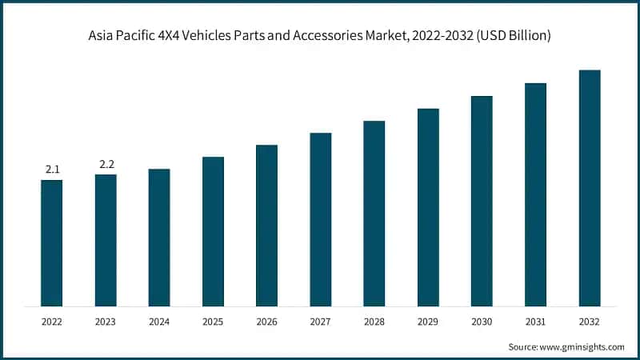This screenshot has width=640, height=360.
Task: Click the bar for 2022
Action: click(x=52, y=242)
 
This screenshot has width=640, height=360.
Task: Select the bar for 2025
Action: click(x=213, y=231)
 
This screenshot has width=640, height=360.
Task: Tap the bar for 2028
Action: click(x=374, y=213)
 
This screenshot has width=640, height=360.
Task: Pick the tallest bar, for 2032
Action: click(x=589, y=188)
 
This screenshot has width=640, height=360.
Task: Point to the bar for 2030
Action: click(x=482, y=201)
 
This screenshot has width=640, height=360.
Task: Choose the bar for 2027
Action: click(x=321, y=219)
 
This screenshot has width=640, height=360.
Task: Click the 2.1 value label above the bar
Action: click(x=52, y=170)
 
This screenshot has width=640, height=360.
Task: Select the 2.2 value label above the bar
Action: click(x=106, y=165)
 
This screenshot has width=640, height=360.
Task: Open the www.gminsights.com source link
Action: click(x=582, y=346)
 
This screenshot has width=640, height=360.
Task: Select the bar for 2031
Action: click(x=535, y=194)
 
